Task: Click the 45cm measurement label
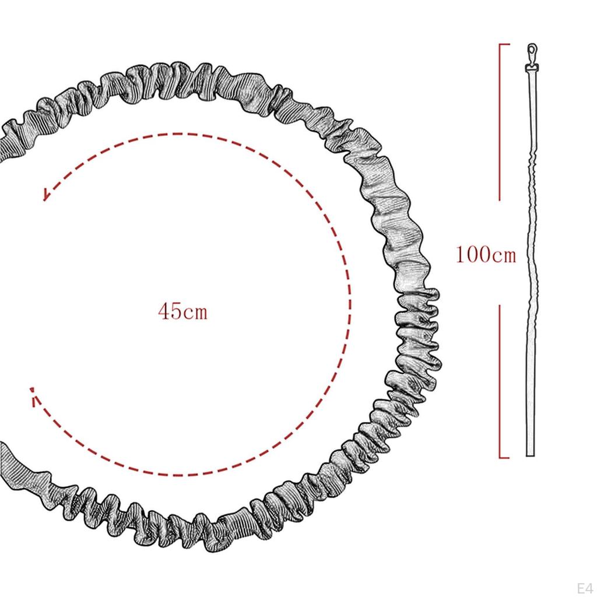[182, 311]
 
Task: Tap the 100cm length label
[486, 255]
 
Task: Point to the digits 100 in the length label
[473, 255]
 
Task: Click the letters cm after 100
[504, 256]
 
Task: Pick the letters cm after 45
[195, 312]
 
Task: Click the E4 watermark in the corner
[584, 588]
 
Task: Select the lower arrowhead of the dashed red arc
[34, 395]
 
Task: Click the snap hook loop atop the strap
[532, 50]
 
